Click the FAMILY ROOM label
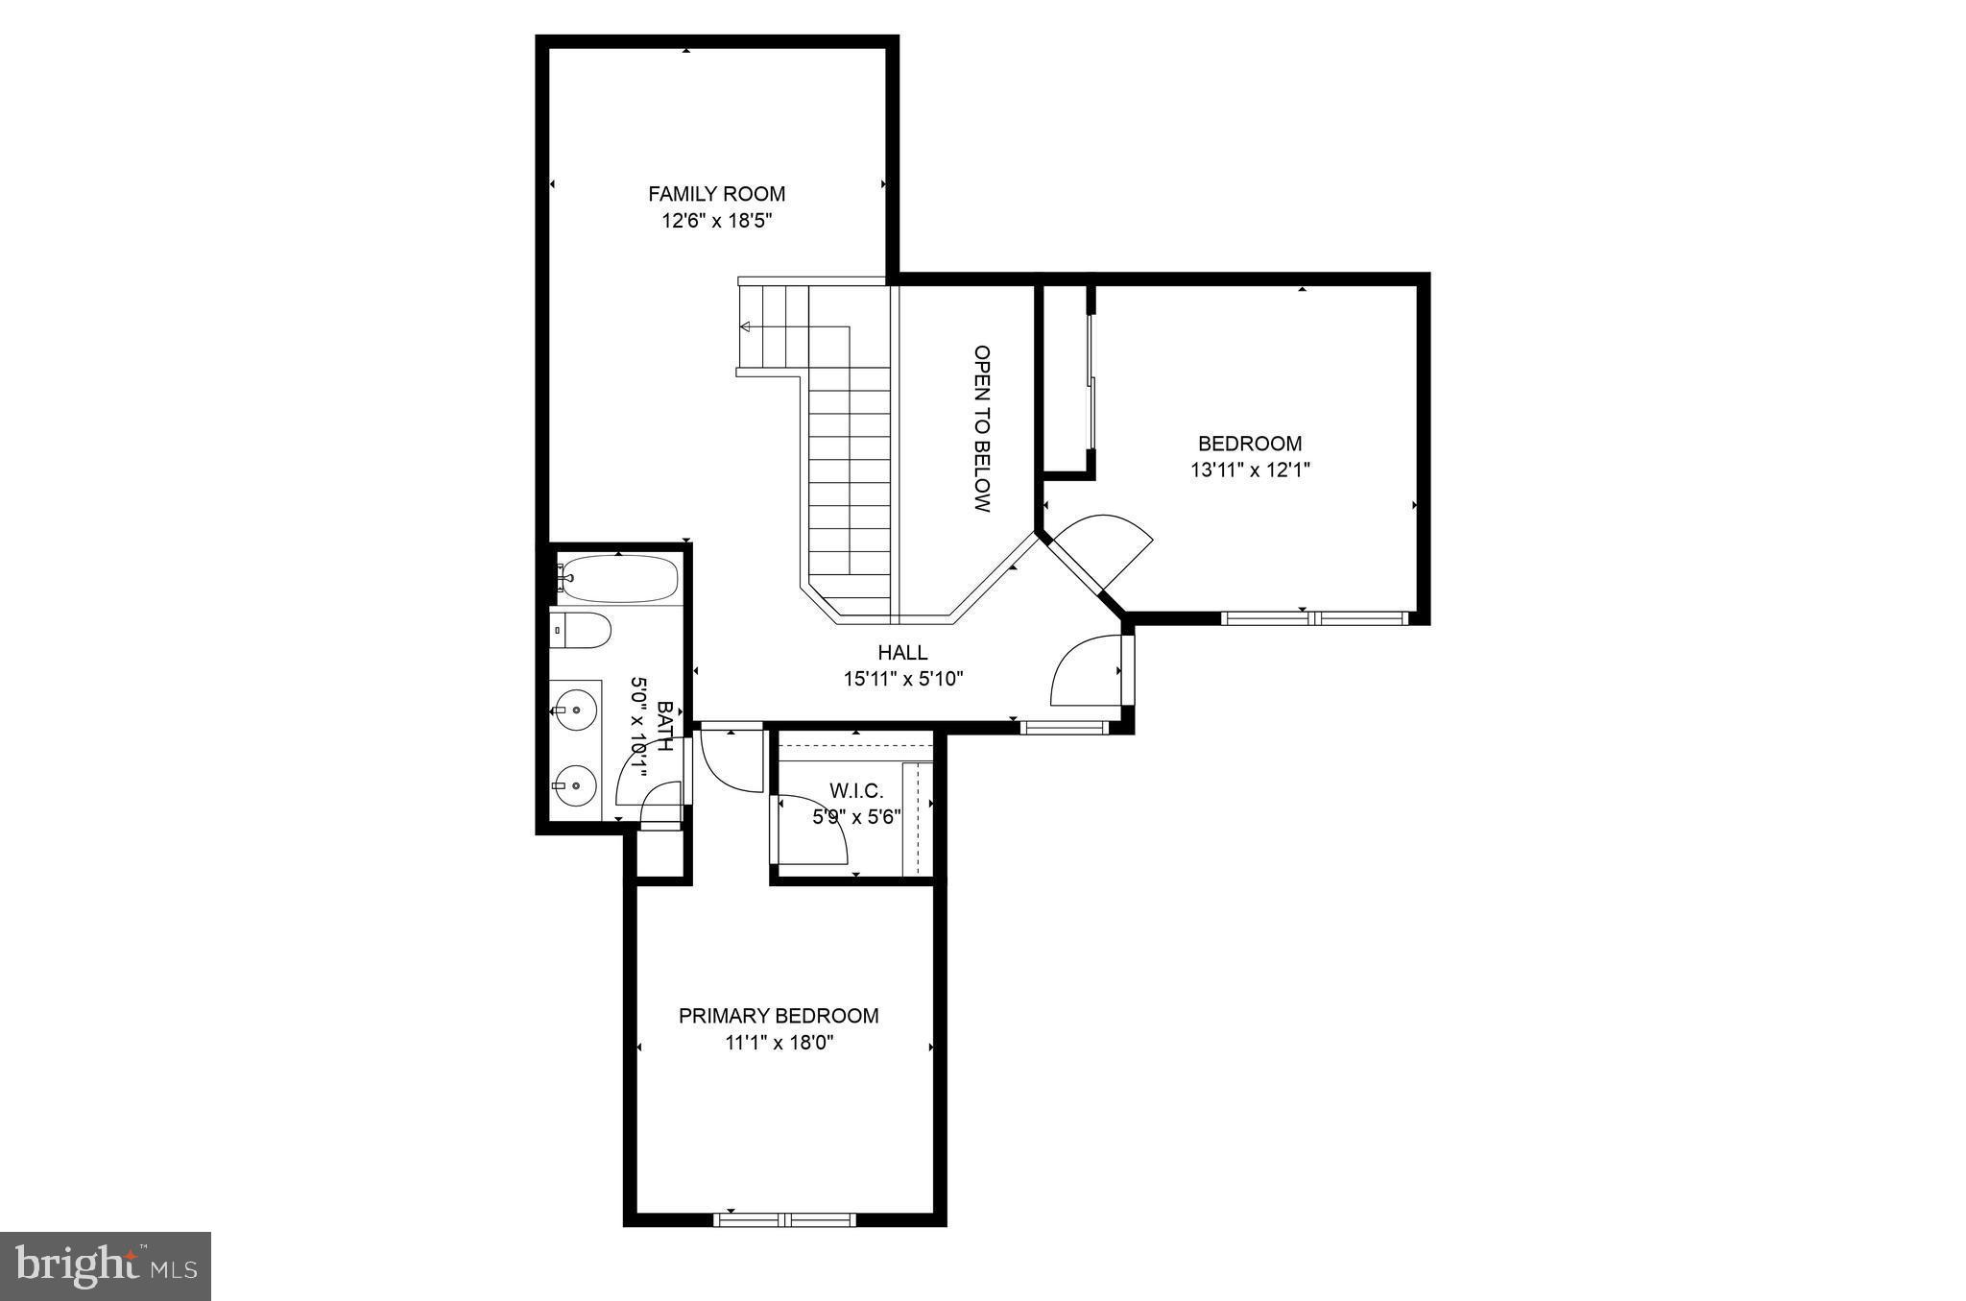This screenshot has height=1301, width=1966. point(716,194)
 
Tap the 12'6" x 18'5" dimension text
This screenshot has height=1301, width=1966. point(716,221)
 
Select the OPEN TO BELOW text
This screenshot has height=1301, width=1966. point(981,428)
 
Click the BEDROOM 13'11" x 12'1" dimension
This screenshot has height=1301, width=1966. point(1250,470)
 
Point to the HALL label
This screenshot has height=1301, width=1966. point(902,653)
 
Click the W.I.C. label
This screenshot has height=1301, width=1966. point(855,791)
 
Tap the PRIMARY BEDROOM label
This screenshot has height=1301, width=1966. point(779,1016)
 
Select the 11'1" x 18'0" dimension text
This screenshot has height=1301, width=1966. point(779,1044)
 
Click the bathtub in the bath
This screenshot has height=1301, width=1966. point(619,579)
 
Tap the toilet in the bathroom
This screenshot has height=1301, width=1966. point(581,631)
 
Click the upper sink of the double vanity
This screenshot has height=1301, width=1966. point(575,711)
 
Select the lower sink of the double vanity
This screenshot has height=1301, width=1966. point(575,784)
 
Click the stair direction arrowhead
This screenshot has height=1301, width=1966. point(745,326)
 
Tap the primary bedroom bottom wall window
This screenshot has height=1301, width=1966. point(784,1219)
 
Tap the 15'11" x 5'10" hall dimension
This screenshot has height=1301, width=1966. point(902,680)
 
